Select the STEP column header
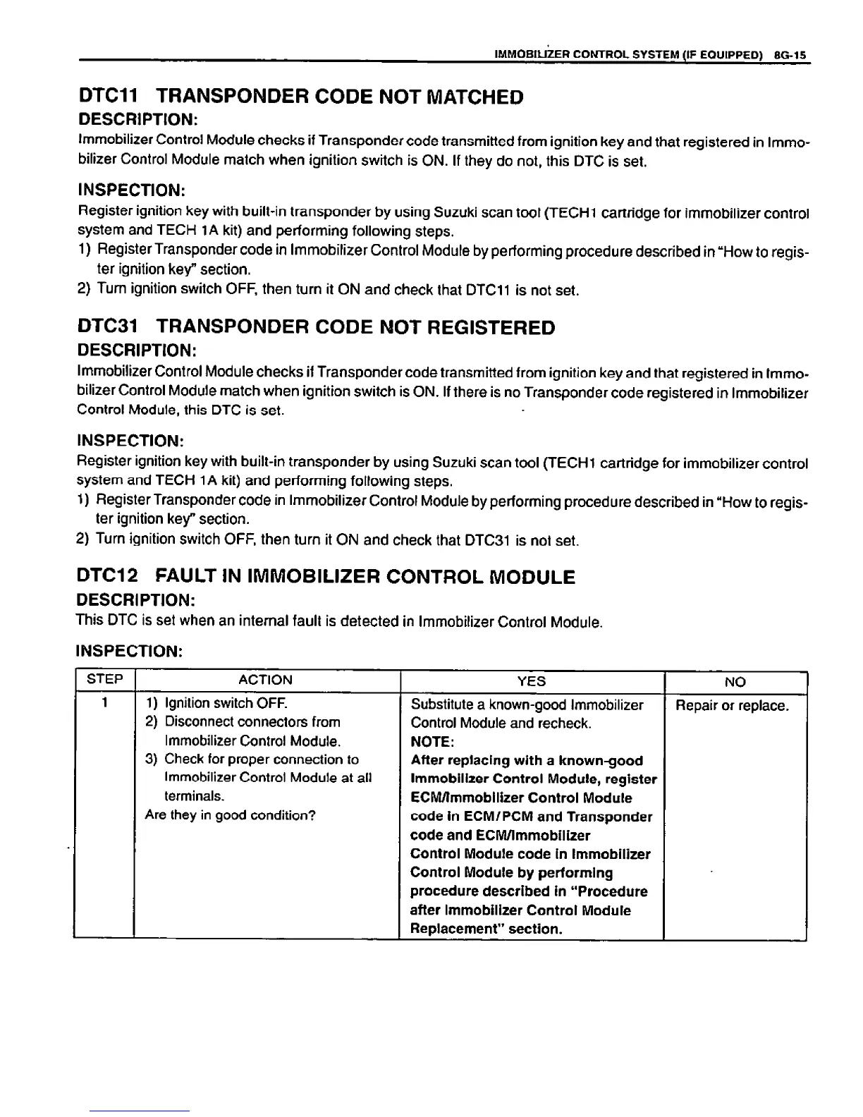point(104,680)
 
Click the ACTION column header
point(265,680)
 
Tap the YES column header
point(531,681)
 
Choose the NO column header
point(735,681)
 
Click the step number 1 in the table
point(104,703)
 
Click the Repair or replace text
point(732,706)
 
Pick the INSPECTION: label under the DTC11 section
point(130,190)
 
